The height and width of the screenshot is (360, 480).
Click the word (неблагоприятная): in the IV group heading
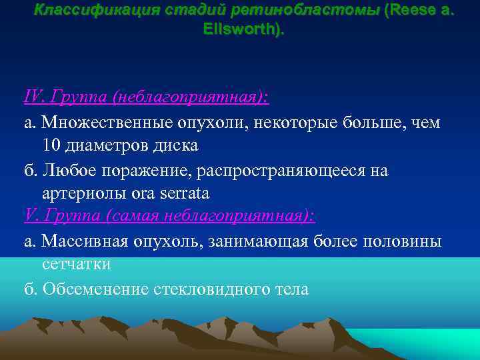(191, 98)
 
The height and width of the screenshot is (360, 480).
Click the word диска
(175, 145)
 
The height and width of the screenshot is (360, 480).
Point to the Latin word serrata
(185, 193)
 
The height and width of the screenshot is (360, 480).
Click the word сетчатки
(76, 265)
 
